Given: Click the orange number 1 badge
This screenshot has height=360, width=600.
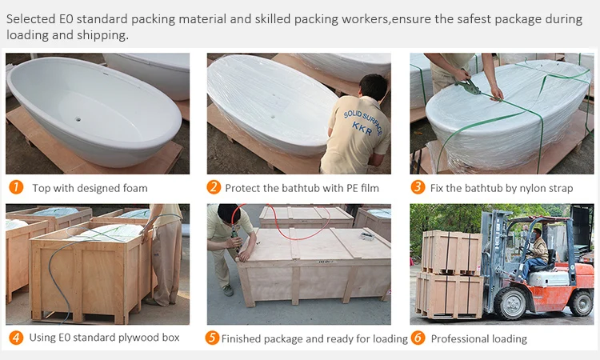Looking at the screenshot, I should (x=15, y=188).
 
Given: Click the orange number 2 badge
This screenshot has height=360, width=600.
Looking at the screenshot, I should (x=214, y=188).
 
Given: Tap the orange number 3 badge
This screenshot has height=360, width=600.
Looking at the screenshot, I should (x=417, y=188).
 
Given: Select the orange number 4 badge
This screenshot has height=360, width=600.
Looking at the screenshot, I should (x=15, y=338).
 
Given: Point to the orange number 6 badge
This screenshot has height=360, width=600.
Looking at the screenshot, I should (x=417, y=338).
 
